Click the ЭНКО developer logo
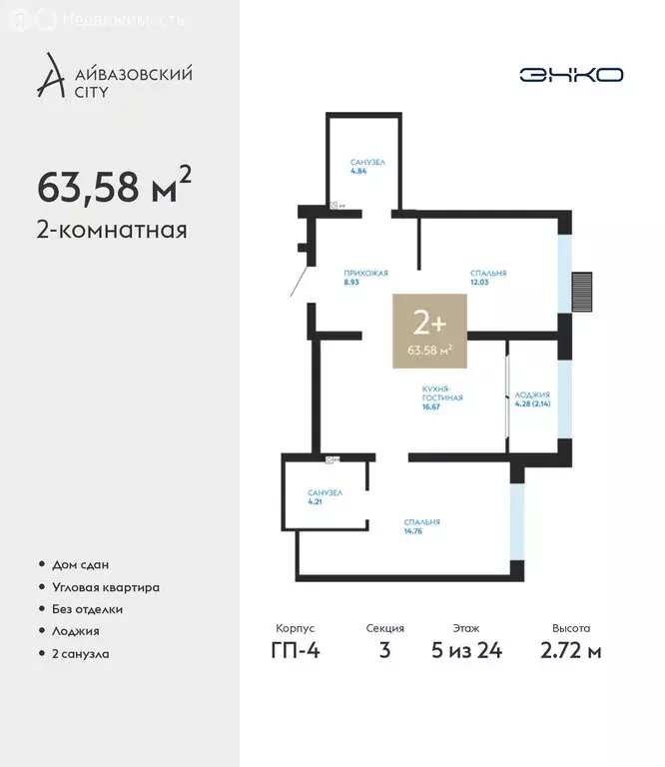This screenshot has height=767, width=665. [x=571, y=75]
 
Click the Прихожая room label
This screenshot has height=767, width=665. [x=364, y=277]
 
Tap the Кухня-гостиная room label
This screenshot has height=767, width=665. [x=442, y=396]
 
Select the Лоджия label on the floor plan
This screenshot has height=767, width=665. [x=532, y=398]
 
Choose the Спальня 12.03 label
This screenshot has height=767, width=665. [x=488, y=277]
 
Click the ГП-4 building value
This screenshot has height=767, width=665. [x=295, y=651]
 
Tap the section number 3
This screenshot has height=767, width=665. [x=385, y=651]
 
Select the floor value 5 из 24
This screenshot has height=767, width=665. [x=466, y=651]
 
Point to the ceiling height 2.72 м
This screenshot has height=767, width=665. [x=571, y=651]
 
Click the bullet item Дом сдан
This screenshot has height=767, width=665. [x=80, y=564]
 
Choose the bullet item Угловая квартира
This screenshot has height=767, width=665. [x=105, y=587]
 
